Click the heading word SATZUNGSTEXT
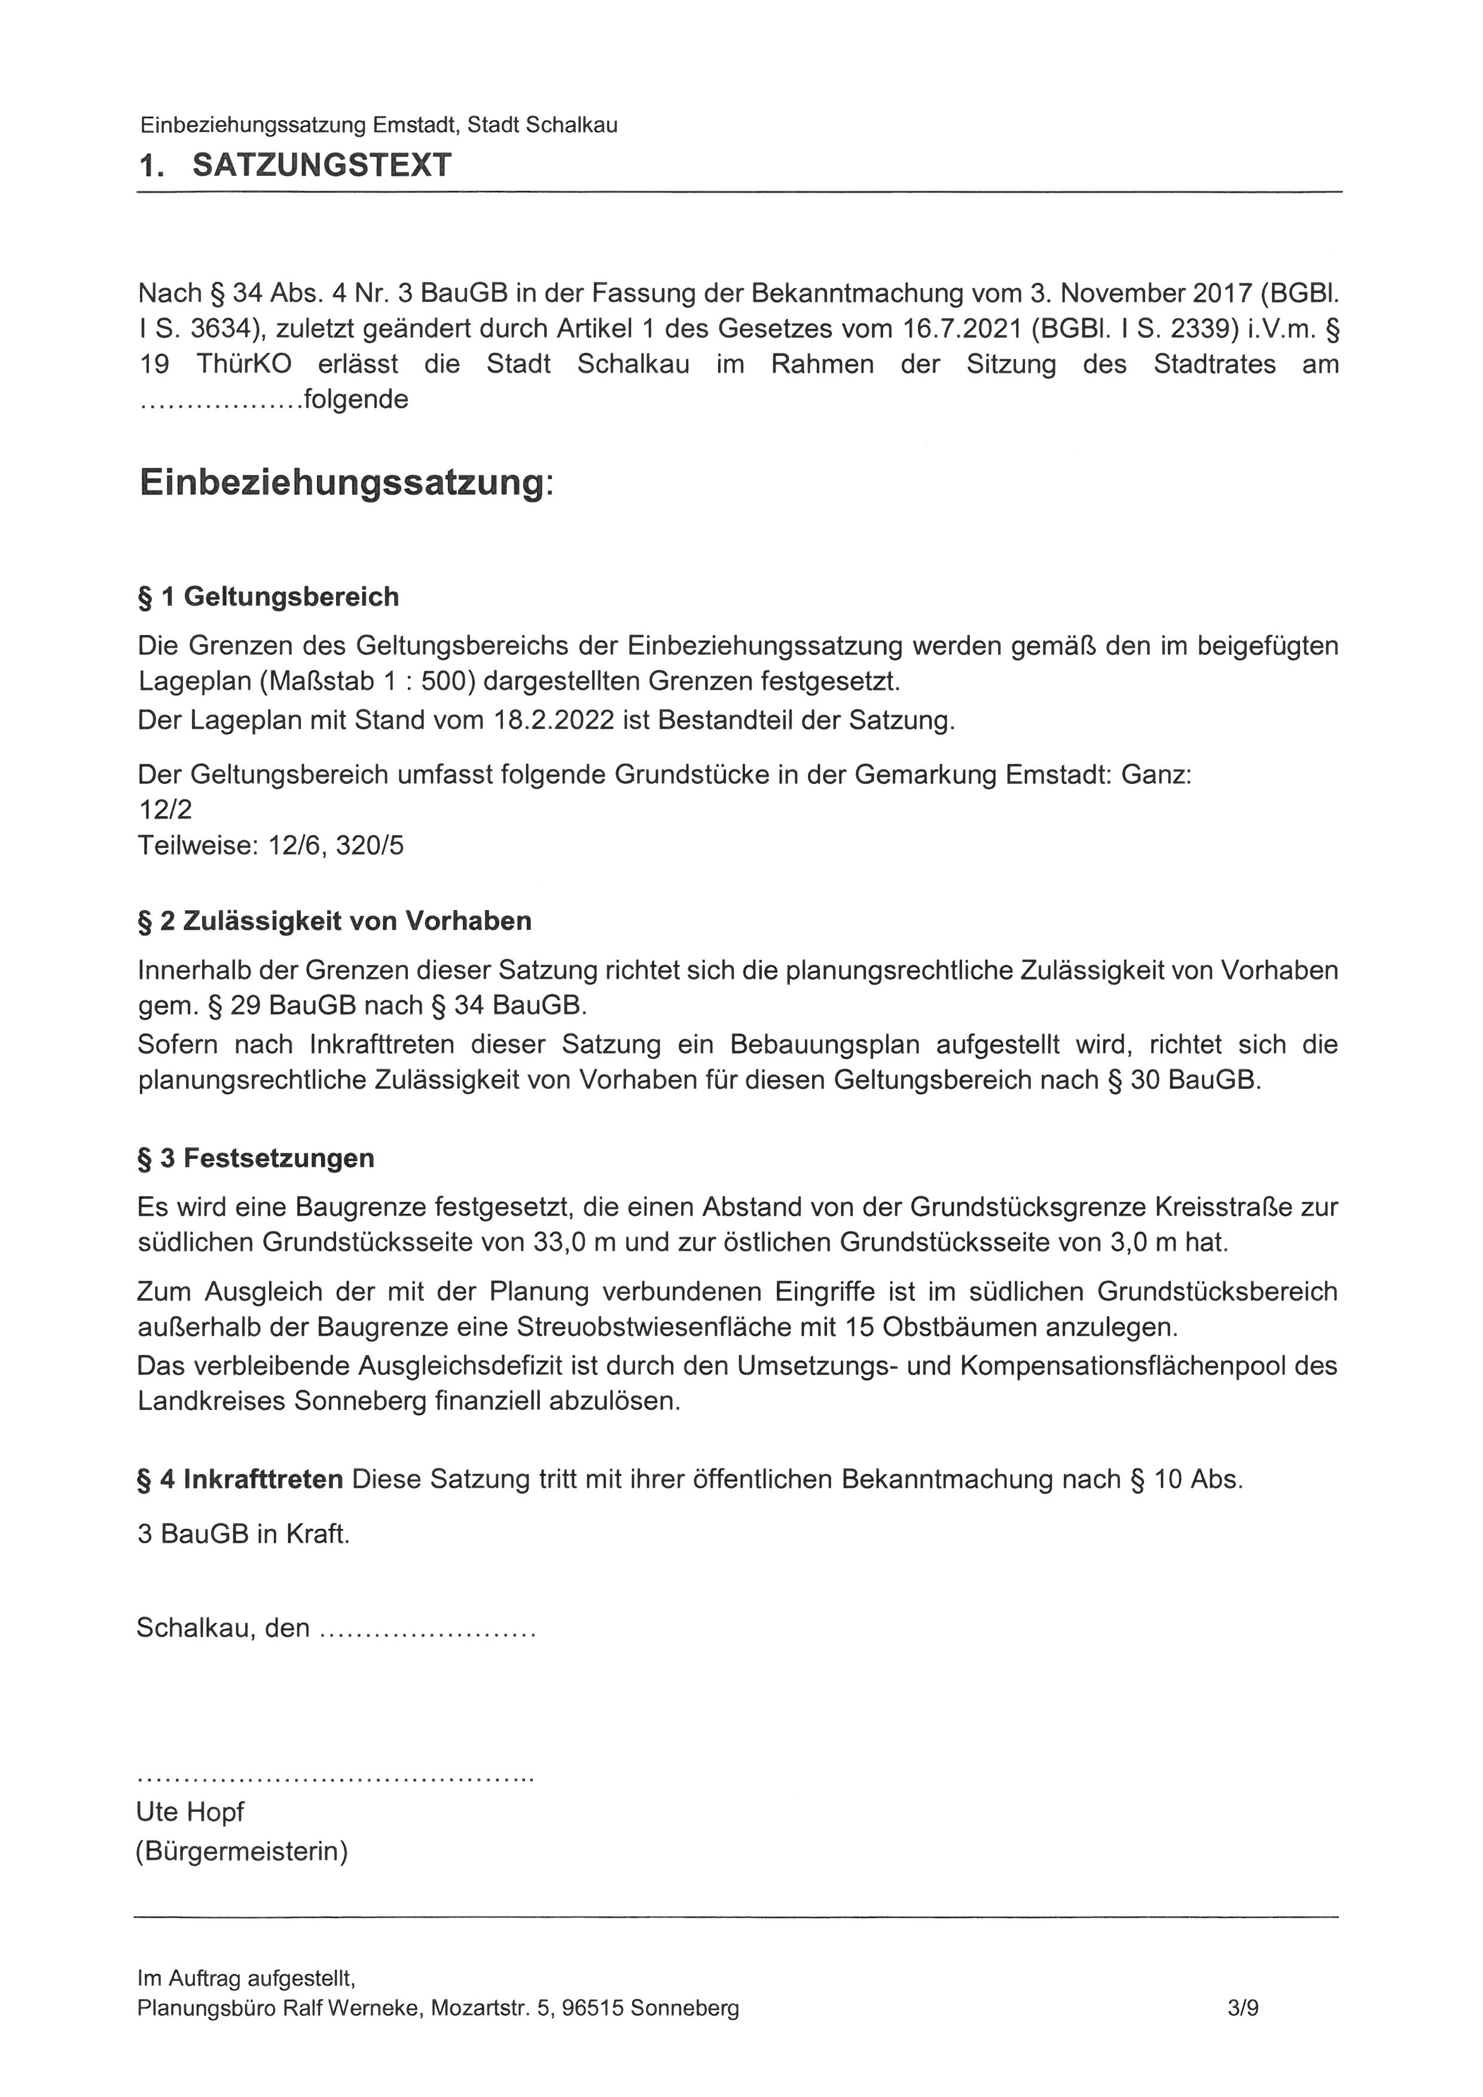click(322, 165)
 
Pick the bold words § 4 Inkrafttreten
click(240, 1479)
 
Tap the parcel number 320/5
click(370, 845)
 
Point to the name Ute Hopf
click(190, 1811)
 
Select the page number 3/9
click(1244, 2009)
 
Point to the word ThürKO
click(244, 364)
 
